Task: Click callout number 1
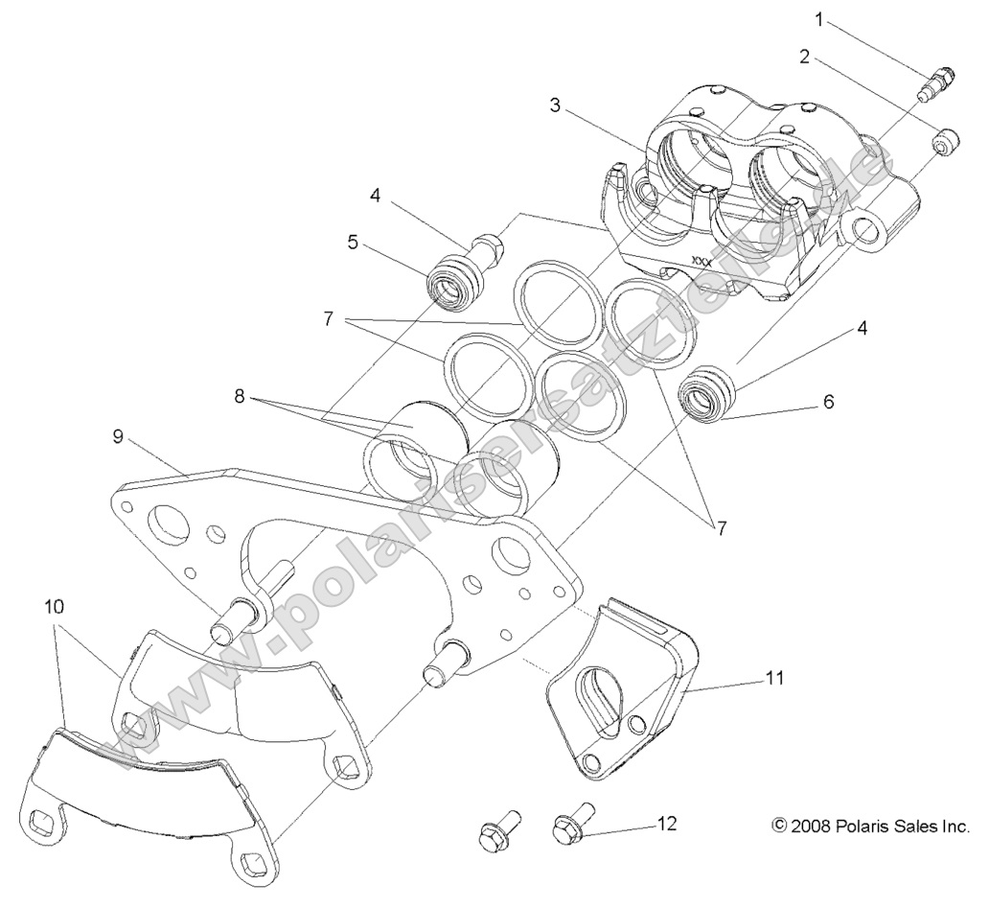(818, 17)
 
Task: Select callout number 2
(805, 57)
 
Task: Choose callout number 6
(827, 403)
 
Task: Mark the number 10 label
(55, 607)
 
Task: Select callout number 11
(774, 678)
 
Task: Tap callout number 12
(667, 824)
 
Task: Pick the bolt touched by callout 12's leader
(572, 826)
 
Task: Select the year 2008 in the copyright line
(808, 826)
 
